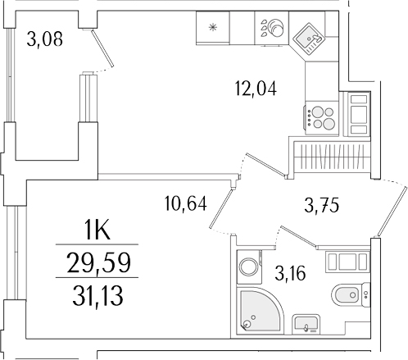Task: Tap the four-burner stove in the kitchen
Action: point(320,115)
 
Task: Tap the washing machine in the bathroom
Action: point(247,267)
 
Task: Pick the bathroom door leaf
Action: point(299,236)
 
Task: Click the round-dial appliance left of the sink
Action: point(270,30)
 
